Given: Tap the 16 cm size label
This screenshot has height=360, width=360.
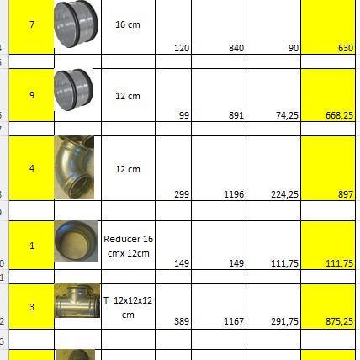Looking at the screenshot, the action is click(128, 24).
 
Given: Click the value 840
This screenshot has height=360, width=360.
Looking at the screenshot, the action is click(236, 48).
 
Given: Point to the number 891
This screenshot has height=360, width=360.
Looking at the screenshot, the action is click(236, 115).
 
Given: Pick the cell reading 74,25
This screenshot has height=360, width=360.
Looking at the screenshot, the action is click(287, 115).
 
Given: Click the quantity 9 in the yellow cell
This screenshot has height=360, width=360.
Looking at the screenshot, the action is click(32, 95).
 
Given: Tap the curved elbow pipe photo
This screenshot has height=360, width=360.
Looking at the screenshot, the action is click(74, 167).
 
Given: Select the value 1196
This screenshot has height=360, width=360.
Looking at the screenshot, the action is click(234, 194).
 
